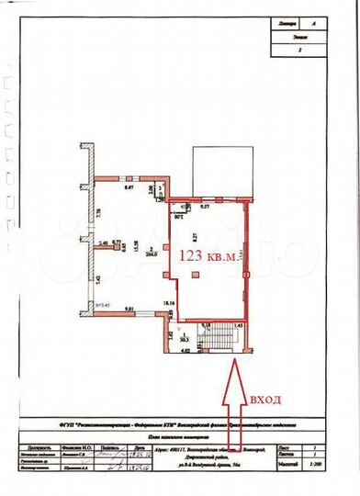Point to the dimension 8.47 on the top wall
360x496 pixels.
point(129,186)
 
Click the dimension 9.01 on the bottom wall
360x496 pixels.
point(129,309)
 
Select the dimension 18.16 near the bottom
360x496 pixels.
point(169,302)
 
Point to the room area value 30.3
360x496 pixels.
point(186,337)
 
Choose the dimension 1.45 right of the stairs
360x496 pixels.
point(237,325)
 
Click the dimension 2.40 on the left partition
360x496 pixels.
point(105,242)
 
